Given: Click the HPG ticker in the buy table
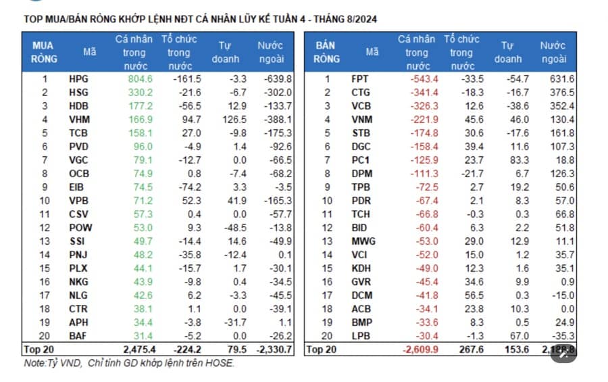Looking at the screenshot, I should (x=78, y=79).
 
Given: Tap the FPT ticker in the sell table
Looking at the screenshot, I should (x=360, y=79).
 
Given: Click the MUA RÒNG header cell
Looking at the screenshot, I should (x=44, y=51).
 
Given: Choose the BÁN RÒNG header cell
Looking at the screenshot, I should (x=326, y=51).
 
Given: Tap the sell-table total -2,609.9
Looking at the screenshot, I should (x=419, y=350).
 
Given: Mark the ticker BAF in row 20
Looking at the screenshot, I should (x=78, y=337).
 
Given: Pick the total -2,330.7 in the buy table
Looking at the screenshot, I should (x=273, y=350).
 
